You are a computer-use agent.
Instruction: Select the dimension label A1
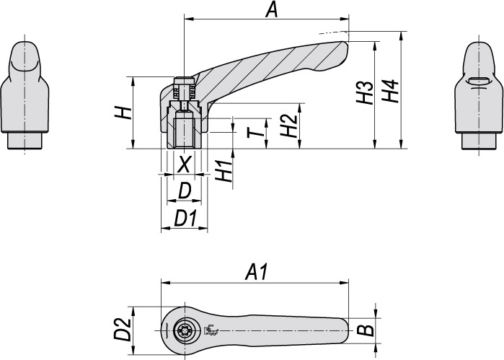(x=257, y=272)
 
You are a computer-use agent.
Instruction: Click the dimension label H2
(x=288, y=127)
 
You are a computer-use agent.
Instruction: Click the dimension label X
(x=185, y=164)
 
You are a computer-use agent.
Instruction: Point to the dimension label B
(x=366, y=331)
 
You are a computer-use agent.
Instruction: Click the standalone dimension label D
(x=185, y=191)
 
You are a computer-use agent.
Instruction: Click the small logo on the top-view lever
(x=211, y=331)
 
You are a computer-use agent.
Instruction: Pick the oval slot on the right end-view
(x=477, y=82)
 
